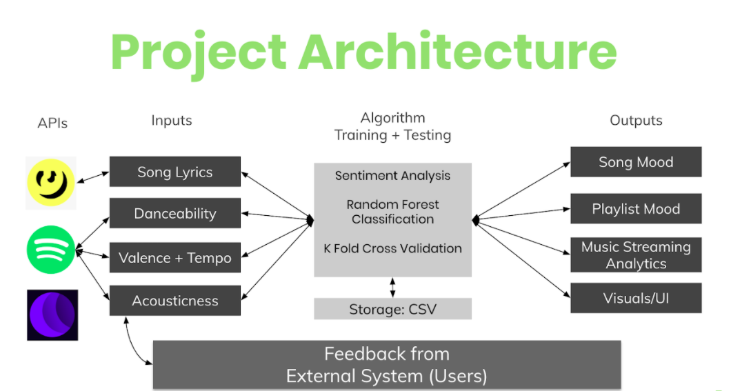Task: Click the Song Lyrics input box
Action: pyautogui.click(x=175, y=172)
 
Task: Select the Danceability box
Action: pyautogui.click(x=175, y=213)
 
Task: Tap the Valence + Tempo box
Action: pyautogui.click(x=175, y=257)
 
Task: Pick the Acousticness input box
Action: pyautogui.click(x=175, y=300)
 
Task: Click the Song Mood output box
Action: pyautogui.click(x=636, y=162)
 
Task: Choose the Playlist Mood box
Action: pyautogui.click(x=636, y=208)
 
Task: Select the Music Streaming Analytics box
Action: pyautogui.click(x=636, y=255)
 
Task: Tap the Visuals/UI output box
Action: pyautogui.click(x=636, y=298)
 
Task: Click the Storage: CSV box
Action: pyautogui.click(x=392, y=309)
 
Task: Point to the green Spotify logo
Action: pyautogui.click(x=51, y=250)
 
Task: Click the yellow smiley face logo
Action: pyautogui.click(x=51, y=183)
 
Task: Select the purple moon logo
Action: pyautogui.click(x=52, y=315)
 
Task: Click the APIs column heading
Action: pyautogui.click(x=52, y=123)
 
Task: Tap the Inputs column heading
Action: pyautogui.click(x=172, y=120)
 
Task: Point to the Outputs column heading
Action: pyautogui.click(x=636, y=120)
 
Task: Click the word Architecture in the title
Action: pyautogui.click(x=458, y=52)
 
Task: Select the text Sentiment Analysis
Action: pyautogui.click(x=392, y=176)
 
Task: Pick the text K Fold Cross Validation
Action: pyautogui.click(x=392, y=248)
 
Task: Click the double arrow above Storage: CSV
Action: pyautogui.click(x=392, y=288)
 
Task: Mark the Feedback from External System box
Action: pyautogui.click(x=387, y=364)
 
